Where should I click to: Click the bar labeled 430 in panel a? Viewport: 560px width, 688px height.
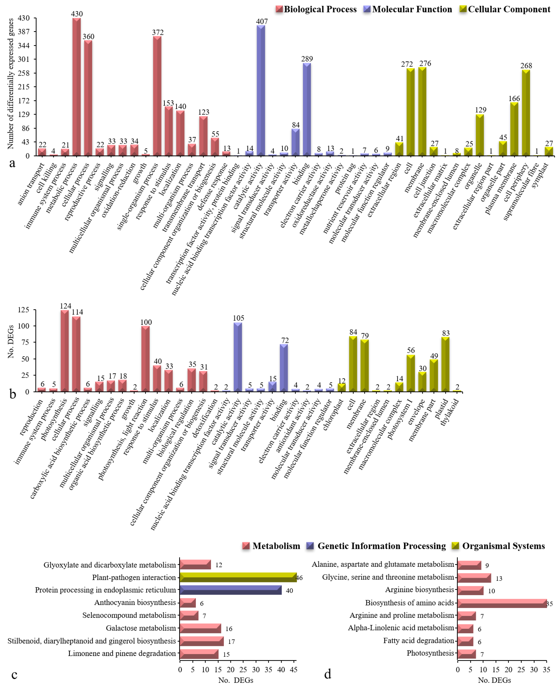[x=76, y=87]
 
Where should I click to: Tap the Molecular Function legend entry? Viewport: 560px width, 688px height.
[x=408, y=9]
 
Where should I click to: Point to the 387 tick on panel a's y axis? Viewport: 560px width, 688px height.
[x=24, y=32]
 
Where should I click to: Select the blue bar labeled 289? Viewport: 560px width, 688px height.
[x=307, y=110]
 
